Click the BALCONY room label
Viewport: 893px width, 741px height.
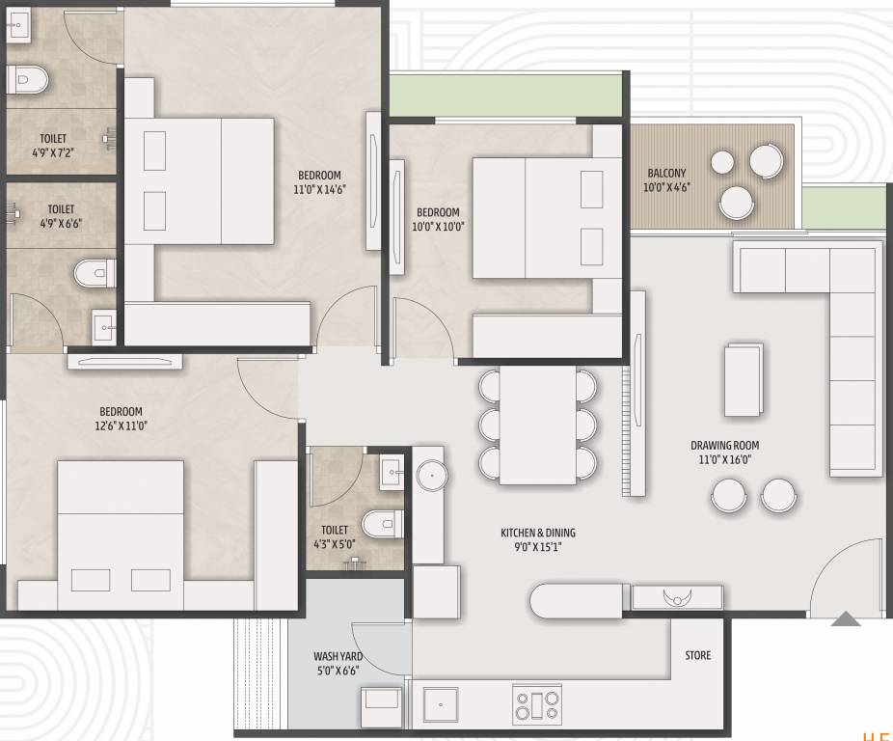666,174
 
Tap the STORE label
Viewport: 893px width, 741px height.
698,655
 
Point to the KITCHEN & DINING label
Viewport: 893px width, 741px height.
537,533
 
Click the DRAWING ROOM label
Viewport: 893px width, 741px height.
724,446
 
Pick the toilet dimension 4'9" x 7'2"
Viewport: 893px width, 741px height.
53,152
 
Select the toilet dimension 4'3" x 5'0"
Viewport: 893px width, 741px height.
335,543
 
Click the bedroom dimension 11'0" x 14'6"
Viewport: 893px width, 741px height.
321,189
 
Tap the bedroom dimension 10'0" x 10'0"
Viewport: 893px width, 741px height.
438,227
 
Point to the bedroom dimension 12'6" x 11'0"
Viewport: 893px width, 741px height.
122,425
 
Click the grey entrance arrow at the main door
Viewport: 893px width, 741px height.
846,619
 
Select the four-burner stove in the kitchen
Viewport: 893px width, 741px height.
536,704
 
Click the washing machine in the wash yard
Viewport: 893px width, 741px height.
382,706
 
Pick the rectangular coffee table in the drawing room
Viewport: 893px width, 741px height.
743,379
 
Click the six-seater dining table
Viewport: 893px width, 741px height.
538,425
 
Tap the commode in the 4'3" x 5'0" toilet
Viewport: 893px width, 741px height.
380,524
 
